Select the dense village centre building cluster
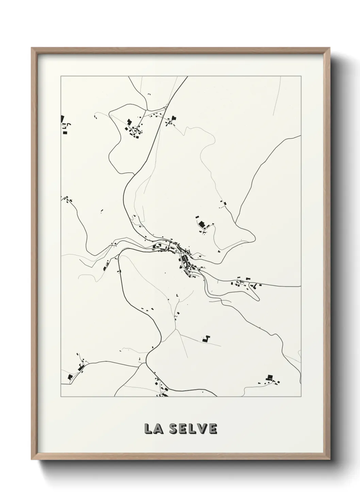[184, 259]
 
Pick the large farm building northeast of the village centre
[202, 224]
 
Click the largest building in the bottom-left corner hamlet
[70, 377]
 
